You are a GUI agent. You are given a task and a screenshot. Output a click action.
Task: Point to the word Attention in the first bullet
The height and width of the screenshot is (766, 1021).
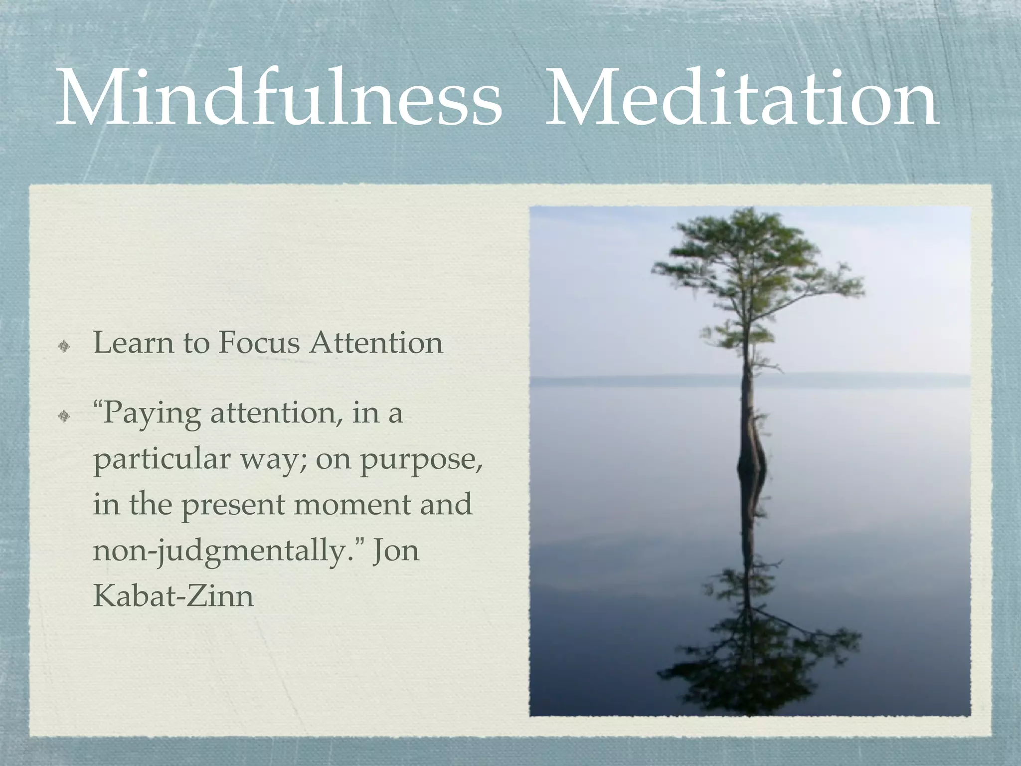[x=376, y=343]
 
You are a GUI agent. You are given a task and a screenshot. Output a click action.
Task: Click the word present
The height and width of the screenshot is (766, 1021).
[x=233, y=506]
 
